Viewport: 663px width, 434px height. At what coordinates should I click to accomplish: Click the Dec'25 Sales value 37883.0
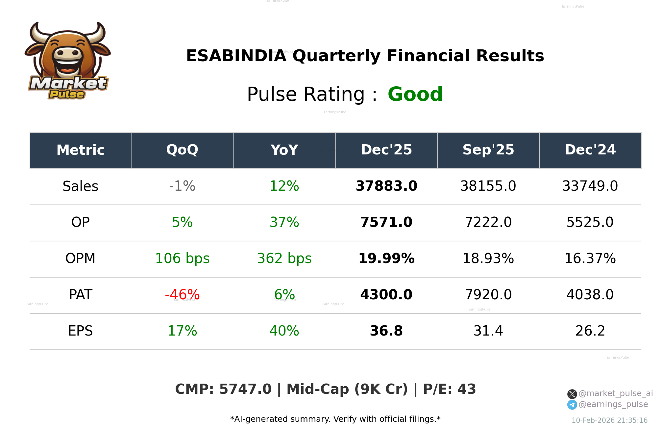[386, 186]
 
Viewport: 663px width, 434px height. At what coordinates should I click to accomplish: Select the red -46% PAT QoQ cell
[182, 294]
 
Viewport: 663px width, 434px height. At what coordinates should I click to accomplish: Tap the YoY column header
[284, 150]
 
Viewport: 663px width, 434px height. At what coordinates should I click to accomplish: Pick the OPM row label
[80, 258]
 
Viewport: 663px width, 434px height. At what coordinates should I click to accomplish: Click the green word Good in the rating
[415, 94]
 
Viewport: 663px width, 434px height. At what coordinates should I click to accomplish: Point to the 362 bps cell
[284, 258]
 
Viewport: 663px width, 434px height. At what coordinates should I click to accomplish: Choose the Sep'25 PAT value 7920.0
[488, 294]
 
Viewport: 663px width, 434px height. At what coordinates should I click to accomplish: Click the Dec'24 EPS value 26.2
[590, 331]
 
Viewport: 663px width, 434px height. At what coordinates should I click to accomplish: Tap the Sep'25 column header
[488, 150]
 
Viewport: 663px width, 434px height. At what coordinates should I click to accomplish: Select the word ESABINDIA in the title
[236, 56]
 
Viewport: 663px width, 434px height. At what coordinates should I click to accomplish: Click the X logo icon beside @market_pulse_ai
[572, 394]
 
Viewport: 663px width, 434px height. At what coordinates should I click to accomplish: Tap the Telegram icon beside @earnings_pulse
[572, 405]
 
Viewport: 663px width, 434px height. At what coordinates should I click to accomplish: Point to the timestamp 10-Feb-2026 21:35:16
[609, 420]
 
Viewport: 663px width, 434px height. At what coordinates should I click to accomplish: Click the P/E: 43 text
[449, 389]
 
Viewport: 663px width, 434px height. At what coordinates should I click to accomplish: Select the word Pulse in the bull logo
[67, 95]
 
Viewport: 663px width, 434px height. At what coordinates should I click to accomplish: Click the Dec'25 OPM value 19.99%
[386, 258]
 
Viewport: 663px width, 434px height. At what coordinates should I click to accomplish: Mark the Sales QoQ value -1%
[182, 186]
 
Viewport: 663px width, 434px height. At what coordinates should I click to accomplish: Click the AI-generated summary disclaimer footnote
[335, 419]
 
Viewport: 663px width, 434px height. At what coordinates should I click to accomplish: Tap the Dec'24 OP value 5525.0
[590, 222]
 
